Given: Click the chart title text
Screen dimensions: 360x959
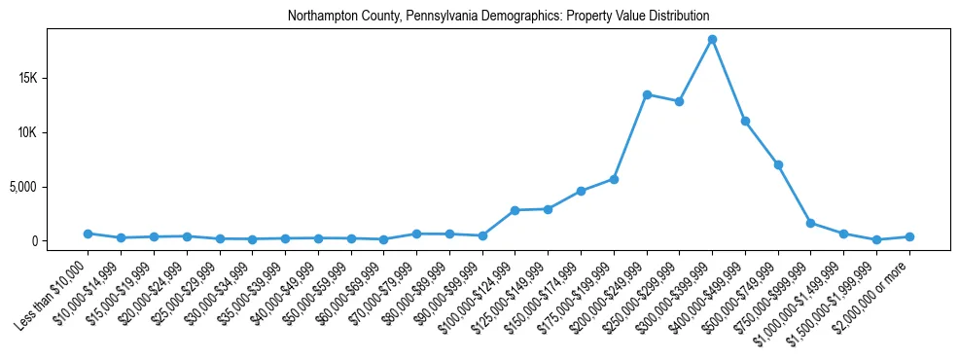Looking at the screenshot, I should [498, 17].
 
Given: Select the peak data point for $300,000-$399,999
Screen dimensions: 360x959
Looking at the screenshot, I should [712, 39].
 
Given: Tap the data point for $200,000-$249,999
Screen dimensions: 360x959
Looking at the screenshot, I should [647, 94].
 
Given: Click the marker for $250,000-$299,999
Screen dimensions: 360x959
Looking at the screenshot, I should [679, 101].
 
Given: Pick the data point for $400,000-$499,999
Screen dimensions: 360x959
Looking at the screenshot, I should [745, 121].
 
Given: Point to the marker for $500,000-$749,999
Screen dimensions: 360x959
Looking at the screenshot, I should [778, 164].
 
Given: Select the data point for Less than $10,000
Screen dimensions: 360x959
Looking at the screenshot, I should [88, 234].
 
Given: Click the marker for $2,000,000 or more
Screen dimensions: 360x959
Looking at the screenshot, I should [909, 236].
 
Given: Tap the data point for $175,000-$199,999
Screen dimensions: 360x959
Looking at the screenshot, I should [614, 179].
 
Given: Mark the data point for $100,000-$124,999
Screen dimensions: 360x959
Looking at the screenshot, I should [515, 210].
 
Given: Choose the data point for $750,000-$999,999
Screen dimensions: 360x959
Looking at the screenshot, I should [810, 223].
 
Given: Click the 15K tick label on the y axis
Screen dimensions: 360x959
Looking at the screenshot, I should [53, 78].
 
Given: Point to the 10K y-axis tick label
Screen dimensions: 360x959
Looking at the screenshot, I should [53, 132].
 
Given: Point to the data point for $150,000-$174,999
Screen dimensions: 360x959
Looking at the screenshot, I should [581, 191].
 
